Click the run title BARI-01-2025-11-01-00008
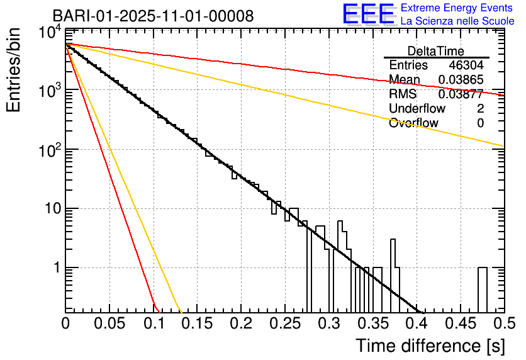coord(153,16)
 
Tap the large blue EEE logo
coord(368,14)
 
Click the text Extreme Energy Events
coord(457,8)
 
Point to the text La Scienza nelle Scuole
coord(457,21)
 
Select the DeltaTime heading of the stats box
coord(436,51)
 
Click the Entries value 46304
coord(466,65)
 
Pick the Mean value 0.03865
coord(461,80)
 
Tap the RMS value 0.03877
coord(461,94)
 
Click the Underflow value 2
coord(480,109)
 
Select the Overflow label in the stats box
coord(413,123)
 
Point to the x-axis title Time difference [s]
coord(429,346)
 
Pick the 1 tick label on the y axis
coord(55,267)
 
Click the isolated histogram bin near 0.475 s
coord(483,290)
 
